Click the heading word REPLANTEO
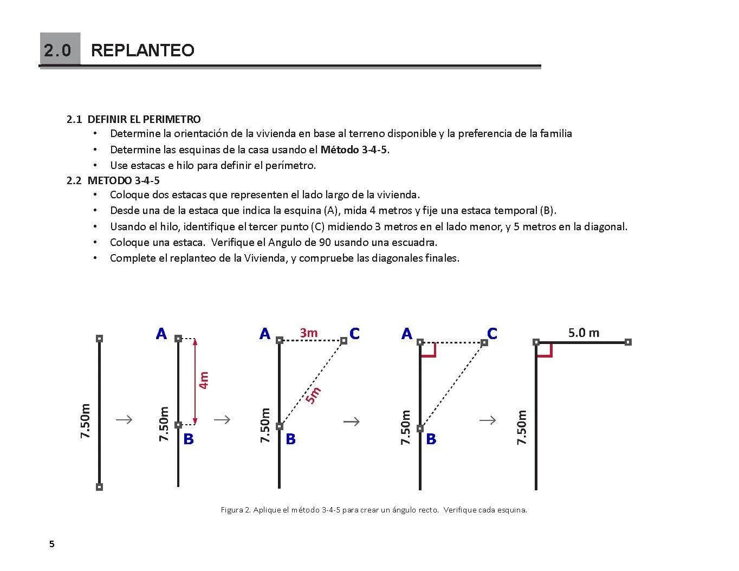142,50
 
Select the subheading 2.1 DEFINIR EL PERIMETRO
134,119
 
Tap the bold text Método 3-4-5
354,150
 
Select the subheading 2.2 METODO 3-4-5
113,180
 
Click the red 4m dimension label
204,380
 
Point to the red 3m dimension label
309,333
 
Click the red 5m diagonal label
313,395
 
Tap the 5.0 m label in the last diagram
584,333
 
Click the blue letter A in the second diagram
161,334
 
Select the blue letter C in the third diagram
354,334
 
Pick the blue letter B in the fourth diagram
431,439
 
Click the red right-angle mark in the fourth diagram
429,351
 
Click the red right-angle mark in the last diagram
544,351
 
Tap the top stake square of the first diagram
99,339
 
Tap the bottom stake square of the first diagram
99,487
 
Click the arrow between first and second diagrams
124,419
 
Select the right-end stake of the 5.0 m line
628,342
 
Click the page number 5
52,544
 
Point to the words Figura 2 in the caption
235,510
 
